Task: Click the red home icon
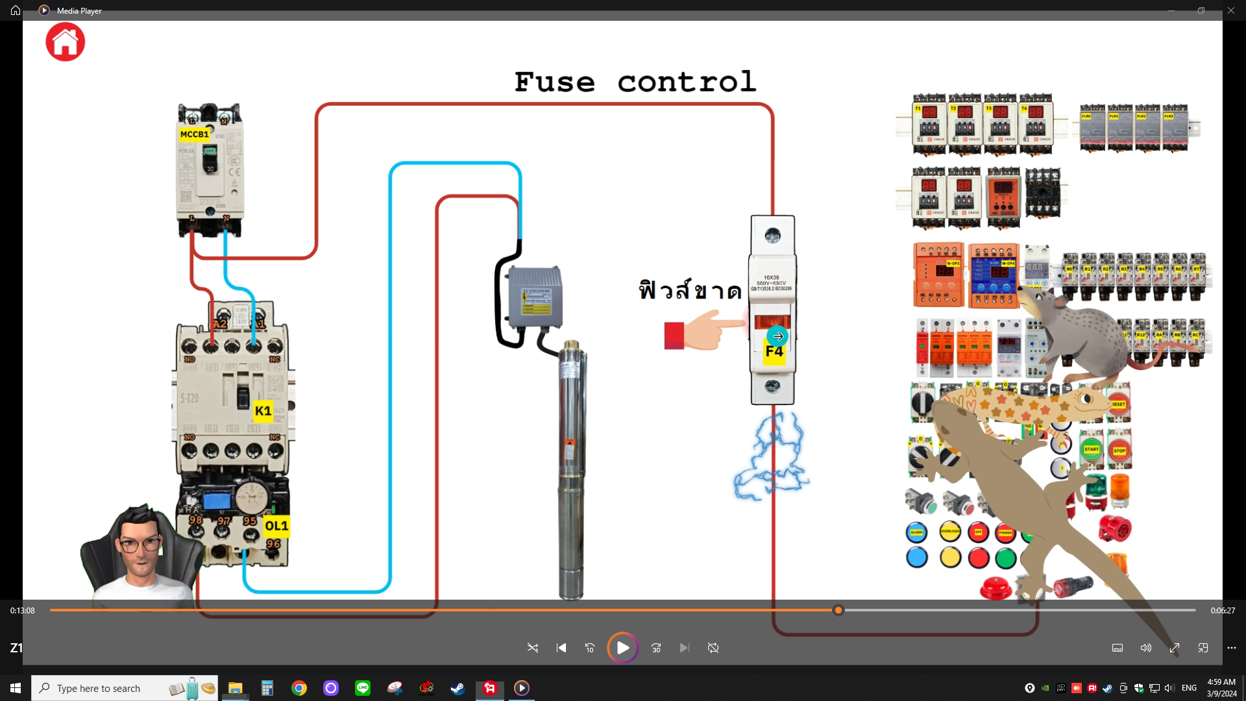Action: pos(65,42)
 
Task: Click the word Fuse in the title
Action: pos(554,82)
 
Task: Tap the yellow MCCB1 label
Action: pos(194,134)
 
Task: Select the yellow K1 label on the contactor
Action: pos(263,411)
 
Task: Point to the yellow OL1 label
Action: pos(276,526)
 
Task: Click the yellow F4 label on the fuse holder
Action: pos(774,352)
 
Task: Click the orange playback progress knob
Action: pos(838,610)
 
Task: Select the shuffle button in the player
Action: pos(533,648)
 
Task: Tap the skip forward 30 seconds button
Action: pos(656,648)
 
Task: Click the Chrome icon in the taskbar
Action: pos(299,688)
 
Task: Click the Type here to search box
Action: pos(123,688)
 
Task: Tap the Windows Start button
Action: pos(16,688)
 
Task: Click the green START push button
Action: pos(1092,449)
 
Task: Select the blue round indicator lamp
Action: pos(917,557)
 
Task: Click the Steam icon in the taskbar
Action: pos(458,688)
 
